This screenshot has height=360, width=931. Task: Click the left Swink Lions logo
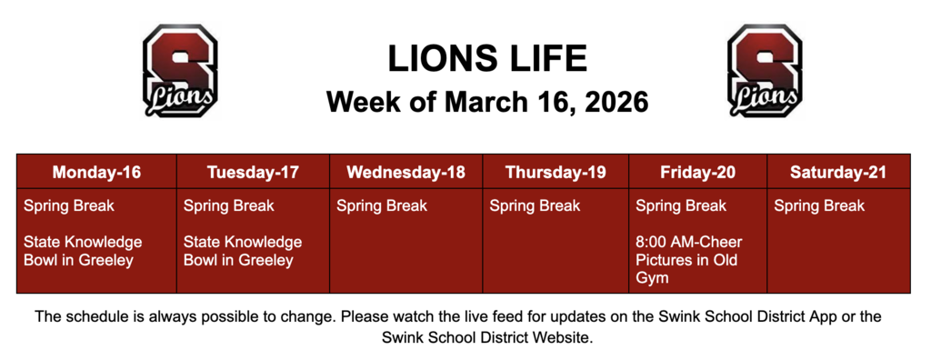(180, 72)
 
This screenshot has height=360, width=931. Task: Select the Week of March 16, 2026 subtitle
(487, 101)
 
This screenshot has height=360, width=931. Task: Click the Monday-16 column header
(96, 172)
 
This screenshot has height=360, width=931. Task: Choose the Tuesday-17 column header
(253, 172)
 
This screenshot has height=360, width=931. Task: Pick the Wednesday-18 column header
(405, 172)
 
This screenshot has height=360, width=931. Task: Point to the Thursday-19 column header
(556, 172)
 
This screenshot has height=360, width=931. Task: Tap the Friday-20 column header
(697, 172)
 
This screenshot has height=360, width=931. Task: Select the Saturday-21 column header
(837, 172)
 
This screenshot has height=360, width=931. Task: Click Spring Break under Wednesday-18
(382, 206)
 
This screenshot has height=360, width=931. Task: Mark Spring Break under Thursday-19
(535, 206)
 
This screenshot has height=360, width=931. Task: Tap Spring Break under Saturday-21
(819, 206)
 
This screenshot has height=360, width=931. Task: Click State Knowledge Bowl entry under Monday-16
(83, 252)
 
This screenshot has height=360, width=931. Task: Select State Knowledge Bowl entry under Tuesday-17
(243, 252)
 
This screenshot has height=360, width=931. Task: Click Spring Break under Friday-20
(681, 206)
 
